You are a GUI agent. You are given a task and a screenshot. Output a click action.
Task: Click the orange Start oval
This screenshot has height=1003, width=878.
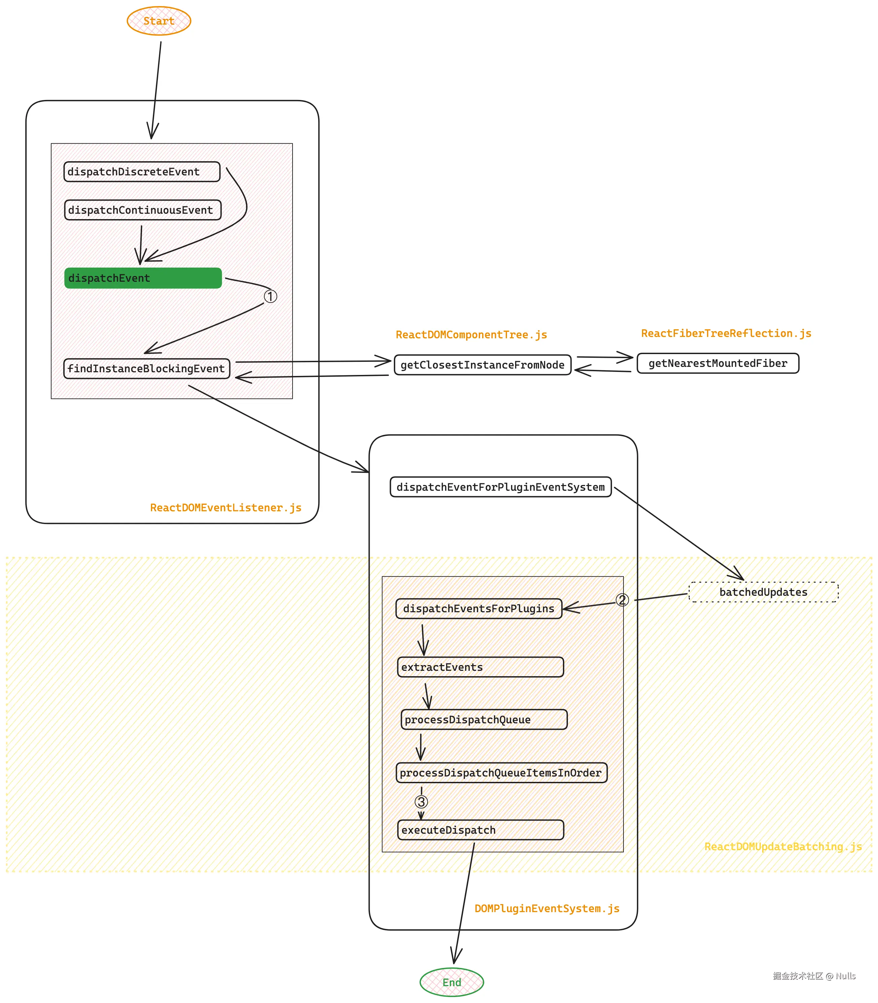(159, 21)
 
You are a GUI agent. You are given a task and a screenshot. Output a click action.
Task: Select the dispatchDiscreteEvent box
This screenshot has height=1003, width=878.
(142, 171)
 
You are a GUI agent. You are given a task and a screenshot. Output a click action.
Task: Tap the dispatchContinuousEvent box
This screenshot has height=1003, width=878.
(143, 210)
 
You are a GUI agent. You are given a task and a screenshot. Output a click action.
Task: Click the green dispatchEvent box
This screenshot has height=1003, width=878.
(143, 278)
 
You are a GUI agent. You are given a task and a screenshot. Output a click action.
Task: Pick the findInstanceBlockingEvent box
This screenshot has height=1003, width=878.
(146, 368)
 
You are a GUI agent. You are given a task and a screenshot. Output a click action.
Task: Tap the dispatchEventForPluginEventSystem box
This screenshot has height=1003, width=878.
(500, 487)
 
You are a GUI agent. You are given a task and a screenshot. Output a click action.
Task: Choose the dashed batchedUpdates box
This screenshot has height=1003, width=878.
(763, 592)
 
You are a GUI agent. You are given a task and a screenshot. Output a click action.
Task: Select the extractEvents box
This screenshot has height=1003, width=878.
(480, 667)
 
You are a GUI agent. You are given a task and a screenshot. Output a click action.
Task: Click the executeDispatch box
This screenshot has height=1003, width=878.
(480, 830)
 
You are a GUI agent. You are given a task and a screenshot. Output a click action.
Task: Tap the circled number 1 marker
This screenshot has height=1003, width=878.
(270, 296)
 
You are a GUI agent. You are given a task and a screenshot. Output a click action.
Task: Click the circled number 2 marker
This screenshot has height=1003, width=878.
(622, 599)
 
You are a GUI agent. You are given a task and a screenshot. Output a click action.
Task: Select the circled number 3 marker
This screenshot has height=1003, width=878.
(421, 802)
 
